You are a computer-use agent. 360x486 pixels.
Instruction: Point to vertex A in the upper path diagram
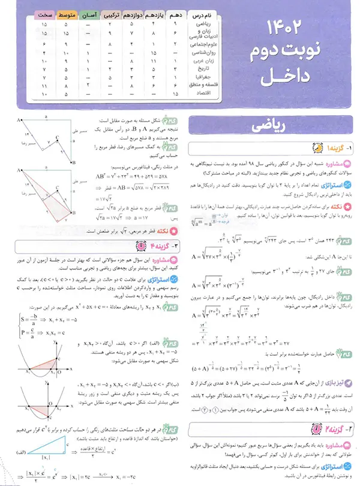pos(19,119)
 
